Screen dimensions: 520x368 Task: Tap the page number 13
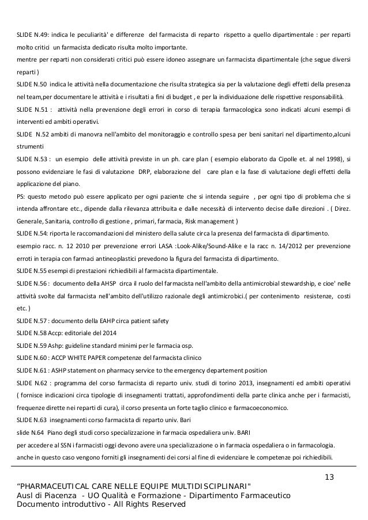click(x=329, y=476)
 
